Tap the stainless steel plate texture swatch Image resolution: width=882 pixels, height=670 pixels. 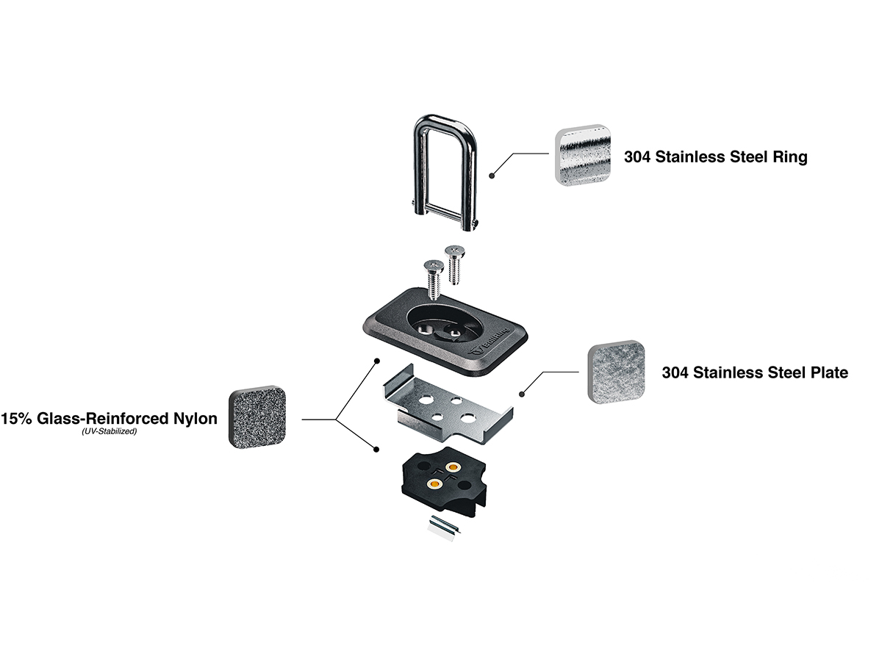point(616,372)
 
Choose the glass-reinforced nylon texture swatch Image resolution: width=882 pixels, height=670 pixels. point(257,417)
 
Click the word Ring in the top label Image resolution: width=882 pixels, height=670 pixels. point(789,156)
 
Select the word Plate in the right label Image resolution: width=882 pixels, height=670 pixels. point(826,372)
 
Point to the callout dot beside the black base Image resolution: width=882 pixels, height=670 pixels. point(377,449)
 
